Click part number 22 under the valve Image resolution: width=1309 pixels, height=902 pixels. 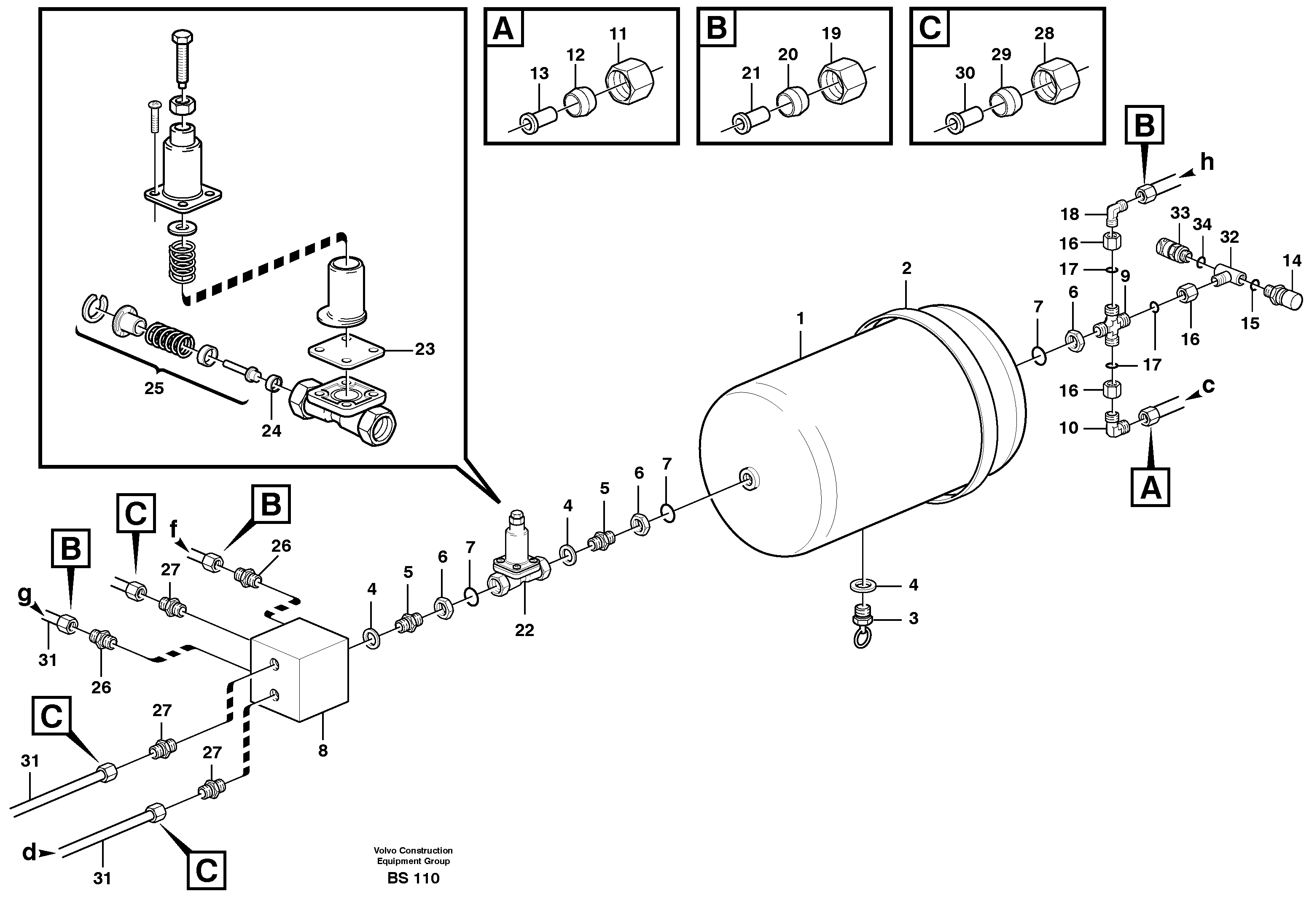point(524,630)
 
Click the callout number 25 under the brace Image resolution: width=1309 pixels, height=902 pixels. point(154,388)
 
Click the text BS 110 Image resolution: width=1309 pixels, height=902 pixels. point(413,878)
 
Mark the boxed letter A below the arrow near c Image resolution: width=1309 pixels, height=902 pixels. point(1150,487)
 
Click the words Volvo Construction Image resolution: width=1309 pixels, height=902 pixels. point(413,850)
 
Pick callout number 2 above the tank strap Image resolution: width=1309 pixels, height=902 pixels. point(906,268)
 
